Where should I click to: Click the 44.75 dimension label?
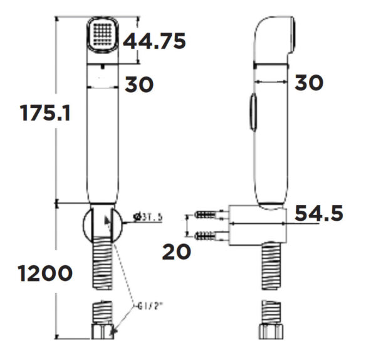154,42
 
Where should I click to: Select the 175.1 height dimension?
44,114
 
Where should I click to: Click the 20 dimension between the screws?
175,251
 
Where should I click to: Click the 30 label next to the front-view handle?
138,85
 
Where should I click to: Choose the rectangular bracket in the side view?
258,224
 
